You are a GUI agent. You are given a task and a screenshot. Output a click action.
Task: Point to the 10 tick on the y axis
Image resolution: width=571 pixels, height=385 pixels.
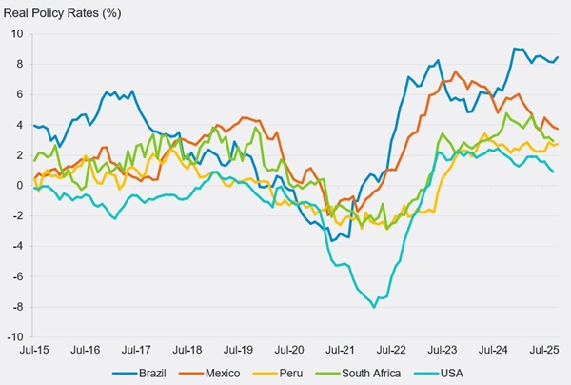pyautogui.click(x=16, y=33)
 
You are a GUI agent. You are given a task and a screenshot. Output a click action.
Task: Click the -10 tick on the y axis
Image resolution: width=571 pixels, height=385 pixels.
pyautogui.click(x=14, y=336)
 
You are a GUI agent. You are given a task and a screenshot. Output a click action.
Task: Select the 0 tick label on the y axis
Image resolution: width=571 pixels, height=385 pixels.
pyautogui.click(x=19, y=185)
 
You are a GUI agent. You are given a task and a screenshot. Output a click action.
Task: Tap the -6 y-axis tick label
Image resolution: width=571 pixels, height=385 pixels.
pyautogui.click(x=16, y=276)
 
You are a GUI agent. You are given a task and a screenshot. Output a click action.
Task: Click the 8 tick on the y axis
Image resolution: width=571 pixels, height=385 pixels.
pyautogui.click(x=19, y=64)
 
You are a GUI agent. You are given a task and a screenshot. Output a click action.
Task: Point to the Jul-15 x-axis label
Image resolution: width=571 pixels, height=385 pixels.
pyautogui.click(x=34, y=350)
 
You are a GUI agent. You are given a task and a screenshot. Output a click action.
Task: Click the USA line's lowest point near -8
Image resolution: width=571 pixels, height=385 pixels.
pyautogui.click(x=374, y=307)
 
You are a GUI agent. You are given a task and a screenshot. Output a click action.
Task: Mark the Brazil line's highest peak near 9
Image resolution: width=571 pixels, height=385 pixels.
pyautogui.click(x=515, y=49)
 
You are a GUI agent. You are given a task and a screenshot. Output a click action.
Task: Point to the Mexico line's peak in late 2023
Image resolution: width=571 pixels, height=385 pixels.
pyautogui.click(x=455, y=71)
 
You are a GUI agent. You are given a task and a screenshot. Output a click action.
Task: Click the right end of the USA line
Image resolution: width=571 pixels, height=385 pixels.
pyautogui.click(x=554, y=172)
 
